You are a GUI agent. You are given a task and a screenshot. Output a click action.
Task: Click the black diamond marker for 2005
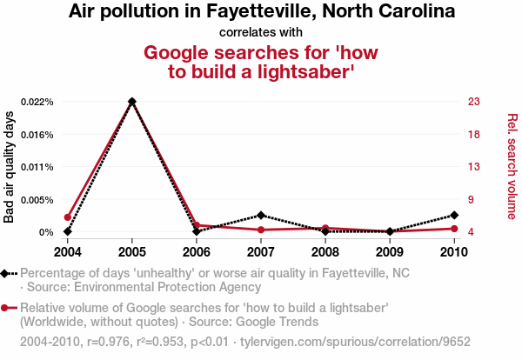pyautogui.click(x=131, y=102)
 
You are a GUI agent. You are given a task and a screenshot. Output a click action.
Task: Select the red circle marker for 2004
pyautogui.click(x=67, y=217)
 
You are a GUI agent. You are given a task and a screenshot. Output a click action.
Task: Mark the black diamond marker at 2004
pyautogui.click(x=67, y=231)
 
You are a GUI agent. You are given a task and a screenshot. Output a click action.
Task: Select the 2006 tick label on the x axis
pyautogui.click(x=196, y=252)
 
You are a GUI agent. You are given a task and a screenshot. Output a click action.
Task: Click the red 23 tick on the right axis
pyautogui.click(x=474, y=102)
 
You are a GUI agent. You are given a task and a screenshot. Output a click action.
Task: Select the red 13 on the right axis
pyautogui.click(x=474, y=167)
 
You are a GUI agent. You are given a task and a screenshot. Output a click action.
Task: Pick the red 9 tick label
pyautogui.click(x=472, y=200)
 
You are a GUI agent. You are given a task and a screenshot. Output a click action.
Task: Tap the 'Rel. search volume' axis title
pyautogui.click(x=512, y=166)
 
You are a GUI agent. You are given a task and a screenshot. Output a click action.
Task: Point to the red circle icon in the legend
pyautogui.click(x=6, y=308)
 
